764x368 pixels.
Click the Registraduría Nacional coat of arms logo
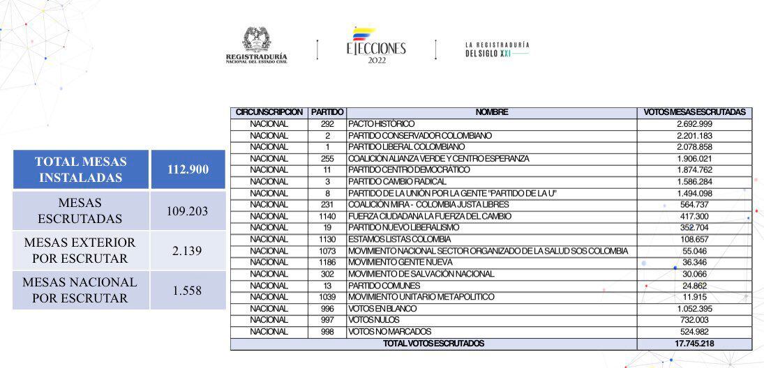pyautogui.click(x=256, y=45)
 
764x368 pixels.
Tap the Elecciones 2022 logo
pyautogui.click(x=375, y=46)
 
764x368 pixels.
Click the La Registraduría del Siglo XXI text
pyautogui.click(x=497, y=49)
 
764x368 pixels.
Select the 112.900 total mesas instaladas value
pyautogui.click(x=188, y=169)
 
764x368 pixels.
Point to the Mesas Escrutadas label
pyautogui.click(x=81, y=210)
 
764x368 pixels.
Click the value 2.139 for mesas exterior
pyautogui.click(x=188, y=250)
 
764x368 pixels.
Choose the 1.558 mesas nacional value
pyautogui.click(x=188, y=290)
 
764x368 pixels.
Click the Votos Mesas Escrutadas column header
pyautogui.click(x=694, y=112)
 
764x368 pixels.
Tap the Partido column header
pyautogui.click(x=327, y=112)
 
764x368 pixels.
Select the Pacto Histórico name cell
pyautogui.click(x=382, y=124)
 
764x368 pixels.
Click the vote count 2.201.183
pyautogui.click(x=694, y=135)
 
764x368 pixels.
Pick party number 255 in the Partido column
pyautogui.click(x=327, y=158)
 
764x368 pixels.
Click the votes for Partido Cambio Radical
pyautogui.click(x=694, y=181)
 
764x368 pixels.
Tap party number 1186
pyautogui.click(x=327, y=262)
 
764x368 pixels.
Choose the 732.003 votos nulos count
pyautogui.click(x=694, y=320)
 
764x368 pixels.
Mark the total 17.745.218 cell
pyautogui.click(x=694, y=344)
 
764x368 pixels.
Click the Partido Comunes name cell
pyautogui.click(x=384, y=285)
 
